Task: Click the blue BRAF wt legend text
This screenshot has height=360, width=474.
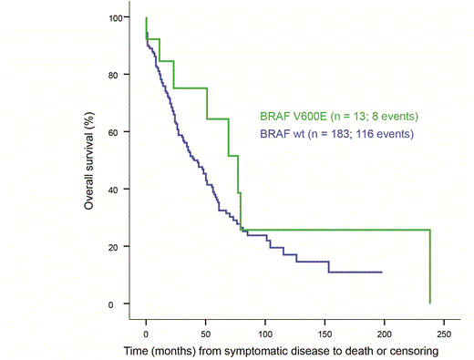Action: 336,134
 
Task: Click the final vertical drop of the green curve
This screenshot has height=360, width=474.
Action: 429,266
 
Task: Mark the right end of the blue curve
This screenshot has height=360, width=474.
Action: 381,272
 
